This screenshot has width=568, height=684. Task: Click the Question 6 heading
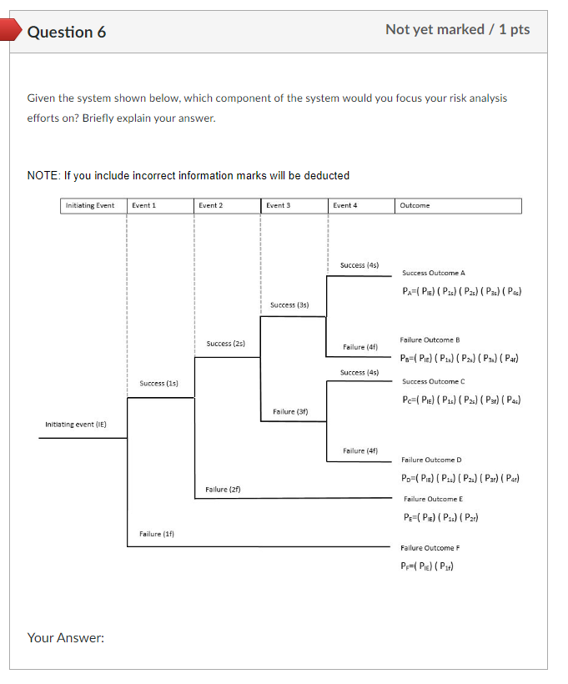[x=67, y=32]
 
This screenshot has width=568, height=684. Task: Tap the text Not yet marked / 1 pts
[x=457, y=29]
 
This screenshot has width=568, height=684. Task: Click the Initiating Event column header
[x=90, y=205]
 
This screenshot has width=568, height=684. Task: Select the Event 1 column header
[x=143, y=205]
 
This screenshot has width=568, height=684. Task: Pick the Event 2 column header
[x=210, y=205]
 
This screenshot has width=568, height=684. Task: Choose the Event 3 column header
[x=277, y=205]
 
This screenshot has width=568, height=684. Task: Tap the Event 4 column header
[x=344, y=205]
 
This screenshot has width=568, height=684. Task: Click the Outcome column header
[x=415, y=205]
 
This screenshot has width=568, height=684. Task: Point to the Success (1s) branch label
[x=158, y=383]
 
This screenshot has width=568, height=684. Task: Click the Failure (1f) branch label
[x=157, y=533]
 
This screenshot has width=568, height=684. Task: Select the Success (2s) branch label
[x=225, y=344]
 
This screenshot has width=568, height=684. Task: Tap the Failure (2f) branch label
[x=223, y=489]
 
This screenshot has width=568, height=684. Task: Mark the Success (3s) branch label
[x=289, y=305]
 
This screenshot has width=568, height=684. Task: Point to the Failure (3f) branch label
[x=290, y=412]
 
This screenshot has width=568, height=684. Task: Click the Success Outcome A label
[x=433, y=273]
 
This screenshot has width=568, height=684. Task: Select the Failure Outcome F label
[x=430, y=547]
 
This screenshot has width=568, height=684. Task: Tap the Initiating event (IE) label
[x=75, y=425]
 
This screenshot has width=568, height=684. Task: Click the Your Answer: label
[x=66, y=638]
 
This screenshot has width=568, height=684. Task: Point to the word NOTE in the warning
[x=43, y=175]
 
